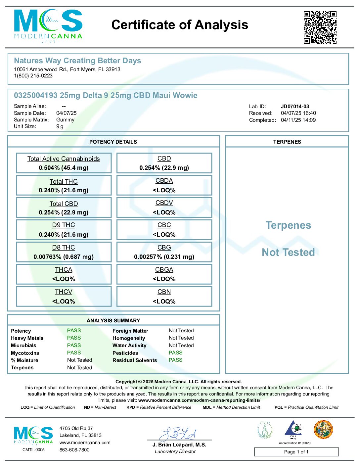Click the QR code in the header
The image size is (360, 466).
click(320, 27)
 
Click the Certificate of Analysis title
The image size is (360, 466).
click(180, 25)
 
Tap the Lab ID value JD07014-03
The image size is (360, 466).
click(295, 106)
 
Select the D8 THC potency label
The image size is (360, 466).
click(64, 248)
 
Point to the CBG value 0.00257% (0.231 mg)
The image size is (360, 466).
click(164, 257)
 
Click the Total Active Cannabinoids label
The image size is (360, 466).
click(64, 159)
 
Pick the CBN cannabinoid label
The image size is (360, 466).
click(164, 292)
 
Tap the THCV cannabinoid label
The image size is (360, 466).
click(64, 292)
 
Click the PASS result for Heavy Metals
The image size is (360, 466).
click(74, 338)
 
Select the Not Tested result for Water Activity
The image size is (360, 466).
click(181, 345)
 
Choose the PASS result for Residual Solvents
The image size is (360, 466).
click(175, 360)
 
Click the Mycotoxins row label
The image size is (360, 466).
click(25, 353)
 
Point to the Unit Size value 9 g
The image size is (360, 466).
click(60, 126)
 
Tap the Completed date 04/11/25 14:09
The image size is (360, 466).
click(298, 120)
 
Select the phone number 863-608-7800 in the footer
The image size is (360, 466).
click(74, 450)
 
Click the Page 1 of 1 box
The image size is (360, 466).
click(296, 452)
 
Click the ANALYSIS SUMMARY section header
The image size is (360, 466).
click(113, 320)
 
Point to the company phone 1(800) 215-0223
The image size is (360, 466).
click(33, 76)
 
